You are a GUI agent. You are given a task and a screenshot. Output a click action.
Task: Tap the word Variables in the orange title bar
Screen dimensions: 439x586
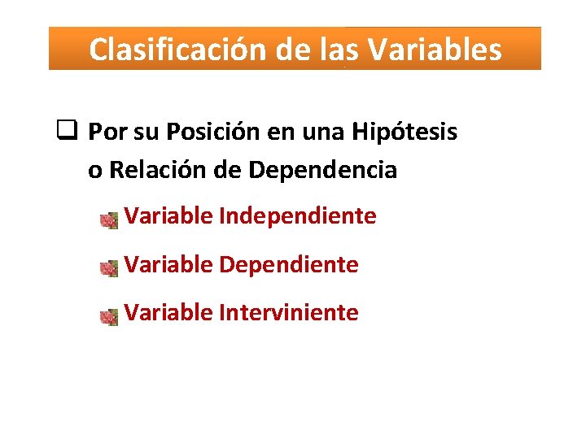tap(435, 50)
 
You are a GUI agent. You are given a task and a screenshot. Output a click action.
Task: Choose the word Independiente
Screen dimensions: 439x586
tap(298, 217)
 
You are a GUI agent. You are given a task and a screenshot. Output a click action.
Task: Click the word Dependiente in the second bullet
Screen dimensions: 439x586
tap(289, 265)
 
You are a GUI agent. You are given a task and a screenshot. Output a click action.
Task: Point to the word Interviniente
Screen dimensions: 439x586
tap(289, 313)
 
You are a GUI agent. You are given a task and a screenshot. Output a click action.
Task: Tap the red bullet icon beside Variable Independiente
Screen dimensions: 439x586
tap(108, 220)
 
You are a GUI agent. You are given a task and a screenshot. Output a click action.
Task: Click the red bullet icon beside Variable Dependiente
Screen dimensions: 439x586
tap(108, 268)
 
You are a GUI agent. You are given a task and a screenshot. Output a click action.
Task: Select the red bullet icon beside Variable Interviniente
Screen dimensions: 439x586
tap(108, 316)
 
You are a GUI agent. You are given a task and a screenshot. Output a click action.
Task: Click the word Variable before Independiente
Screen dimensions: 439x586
tap(169, 217)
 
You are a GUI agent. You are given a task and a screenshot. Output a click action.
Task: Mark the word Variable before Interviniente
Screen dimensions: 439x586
tap(169, 313)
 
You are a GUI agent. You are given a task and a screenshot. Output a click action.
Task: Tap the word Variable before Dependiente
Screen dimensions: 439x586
tap(169, 265)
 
